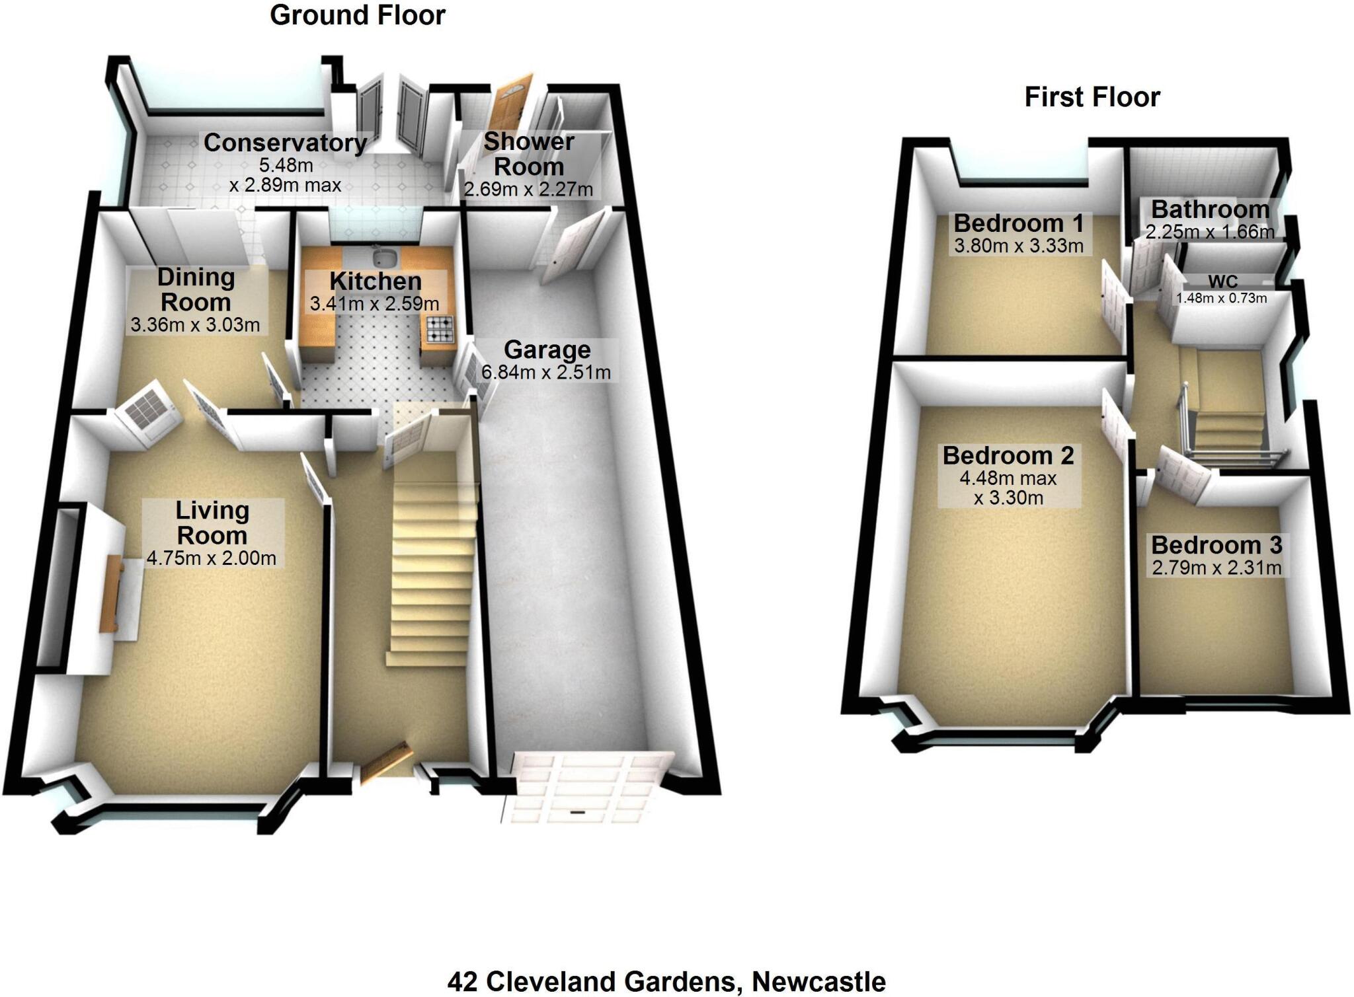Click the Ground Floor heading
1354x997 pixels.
pyautogui.click(x=358, y=15)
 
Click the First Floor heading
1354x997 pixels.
pyautogui.click(x=1092, y=97)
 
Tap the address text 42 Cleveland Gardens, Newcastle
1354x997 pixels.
pyautogui.click(x=666, y=982)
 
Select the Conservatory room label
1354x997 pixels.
pyautogui.click(x=285, y=143)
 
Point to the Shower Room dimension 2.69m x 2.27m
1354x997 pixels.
pyautogui.click(x=528, y=190)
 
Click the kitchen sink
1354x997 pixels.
pyautogui.click(x=381, y=256)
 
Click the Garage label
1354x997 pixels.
pyautogui.click(x=547, y=350)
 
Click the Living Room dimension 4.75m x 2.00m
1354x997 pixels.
pyautogui.click(x=211, y=558)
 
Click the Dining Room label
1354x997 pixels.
pyautogui.click(x=196, y=289)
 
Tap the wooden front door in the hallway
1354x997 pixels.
pyautogui.click(x=386, y=764)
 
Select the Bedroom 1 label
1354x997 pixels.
pyautogui.click(x=1018, y=223)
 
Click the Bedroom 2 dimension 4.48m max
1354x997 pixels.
pyautogui.click(x=1008, y=478)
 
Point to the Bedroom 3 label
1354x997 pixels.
pyautogui.click(x=1216, y=545)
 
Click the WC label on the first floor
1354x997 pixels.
pyautogui.click(x=1222, y=283)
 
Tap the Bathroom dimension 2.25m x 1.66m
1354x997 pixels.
pyautogui.click(x=1210, y=232)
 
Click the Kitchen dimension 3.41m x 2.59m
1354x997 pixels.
pyautogui.click(x=375, y=304)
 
